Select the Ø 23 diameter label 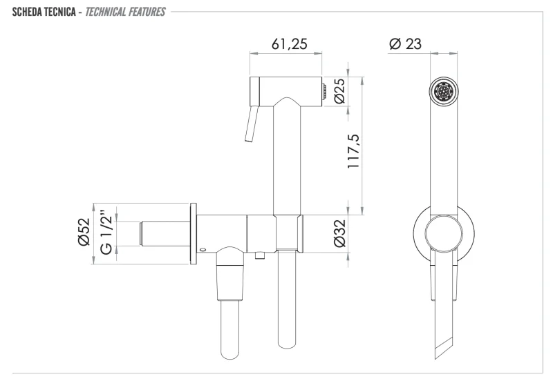[x=405, y=43]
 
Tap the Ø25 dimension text [x=339, y=90]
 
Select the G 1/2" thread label [x=105, y=233]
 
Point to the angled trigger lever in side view [x=250, y=124]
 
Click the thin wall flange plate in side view [x=192, y=233]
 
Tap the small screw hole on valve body [x=203, y=249]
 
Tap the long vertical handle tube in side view [x=287, y=159]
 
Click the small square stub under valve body [x=259, y=257]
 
